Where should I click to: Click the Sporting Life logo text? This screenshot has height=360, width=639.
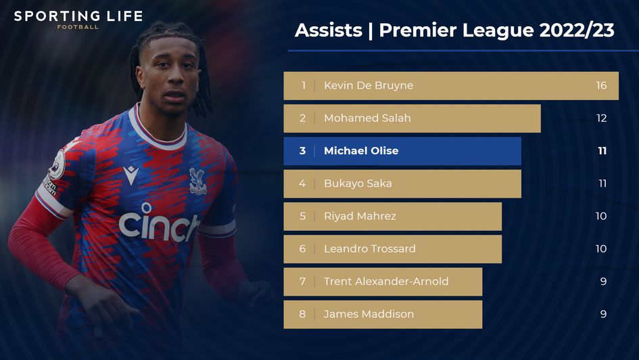[78, 16]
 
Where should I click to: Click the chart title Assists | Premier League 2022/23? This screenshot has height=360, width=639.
[454, 31]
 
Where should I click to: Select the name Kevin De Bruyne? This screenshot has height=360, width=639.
[368, 86]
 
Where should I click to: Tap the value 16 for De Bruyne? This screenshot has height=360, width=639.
[601, 86]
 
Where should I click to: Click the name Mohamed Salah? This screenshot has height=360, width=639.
[367, 118]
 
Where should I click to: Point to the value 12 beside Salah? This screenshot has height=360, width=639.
[601, 118]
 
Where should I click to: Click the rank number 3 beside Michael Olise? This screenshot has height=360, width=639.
[302, 151]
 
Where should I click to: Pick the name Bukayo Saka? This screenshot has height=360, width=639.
[358, 183]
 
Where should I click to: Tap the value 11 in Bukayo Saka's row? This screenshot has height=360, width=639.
[602, 183]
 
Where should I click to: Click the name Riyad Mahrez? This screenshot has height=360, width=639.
[360, 217]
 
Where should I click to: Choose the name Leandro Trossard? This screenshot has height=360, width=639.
[369, 249]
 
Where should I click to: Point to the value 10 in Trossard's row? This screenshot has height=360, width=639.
[601, 249]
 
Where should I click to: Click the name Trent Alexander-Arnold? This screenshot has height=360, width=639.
[386, 282]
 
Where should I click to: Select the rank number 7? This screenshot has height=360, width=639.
[302, 282]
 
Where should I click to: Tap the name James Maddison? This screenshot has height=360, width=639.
[369, 314]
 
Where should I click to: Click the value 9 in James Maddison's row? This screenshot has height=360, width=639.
[603, 314]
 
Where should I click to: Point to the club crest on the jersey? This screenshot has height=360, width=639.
[197, 181]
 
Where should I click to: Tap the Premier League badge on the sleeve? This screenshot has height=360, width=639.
[57, 164]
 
